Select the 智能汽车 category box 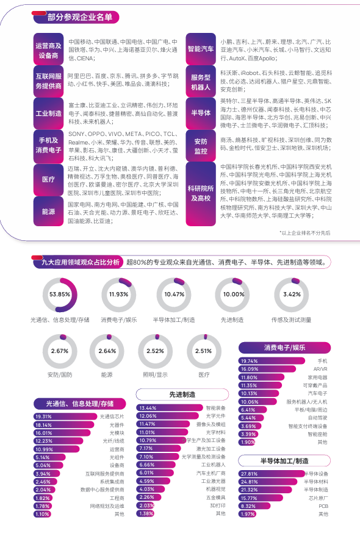(201, 48)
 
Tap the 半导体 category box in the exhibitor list (201, 113)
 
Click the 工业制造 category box (49, 113)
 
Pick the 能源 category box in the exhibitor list (49, 212)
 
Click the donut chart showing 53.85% (60, 294)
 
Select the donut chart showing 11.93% (118, 294)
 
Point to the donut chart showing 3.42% (292, 294)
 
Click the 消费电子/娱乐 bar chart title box (284, 348)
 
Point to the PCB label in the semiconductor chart (323, 506)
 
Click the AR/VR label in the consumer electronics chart (320, 369)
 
